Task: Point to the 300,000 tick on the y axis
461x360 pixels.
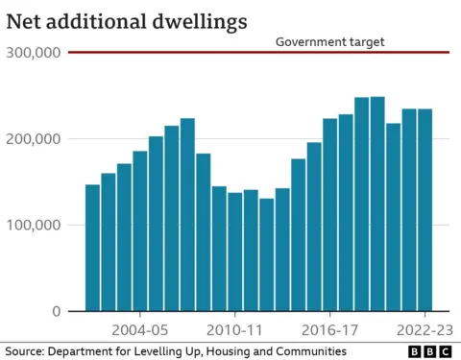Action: point(34,53)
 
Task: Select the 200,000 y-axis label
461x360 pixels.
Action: point(34,139)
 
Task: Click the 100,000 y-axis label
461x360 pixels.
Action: point(34,226)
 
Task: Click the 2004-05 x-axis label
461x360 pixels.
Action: point(140,329)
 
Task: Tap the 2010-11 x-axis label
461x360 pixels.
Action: point(234,329)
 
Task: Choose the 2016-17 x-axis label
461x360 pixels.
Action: point(329,329)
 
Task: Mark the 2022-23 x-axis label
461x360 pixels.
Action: point(425,329)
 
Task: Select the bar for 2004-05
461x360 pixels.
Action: point(140,230)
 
